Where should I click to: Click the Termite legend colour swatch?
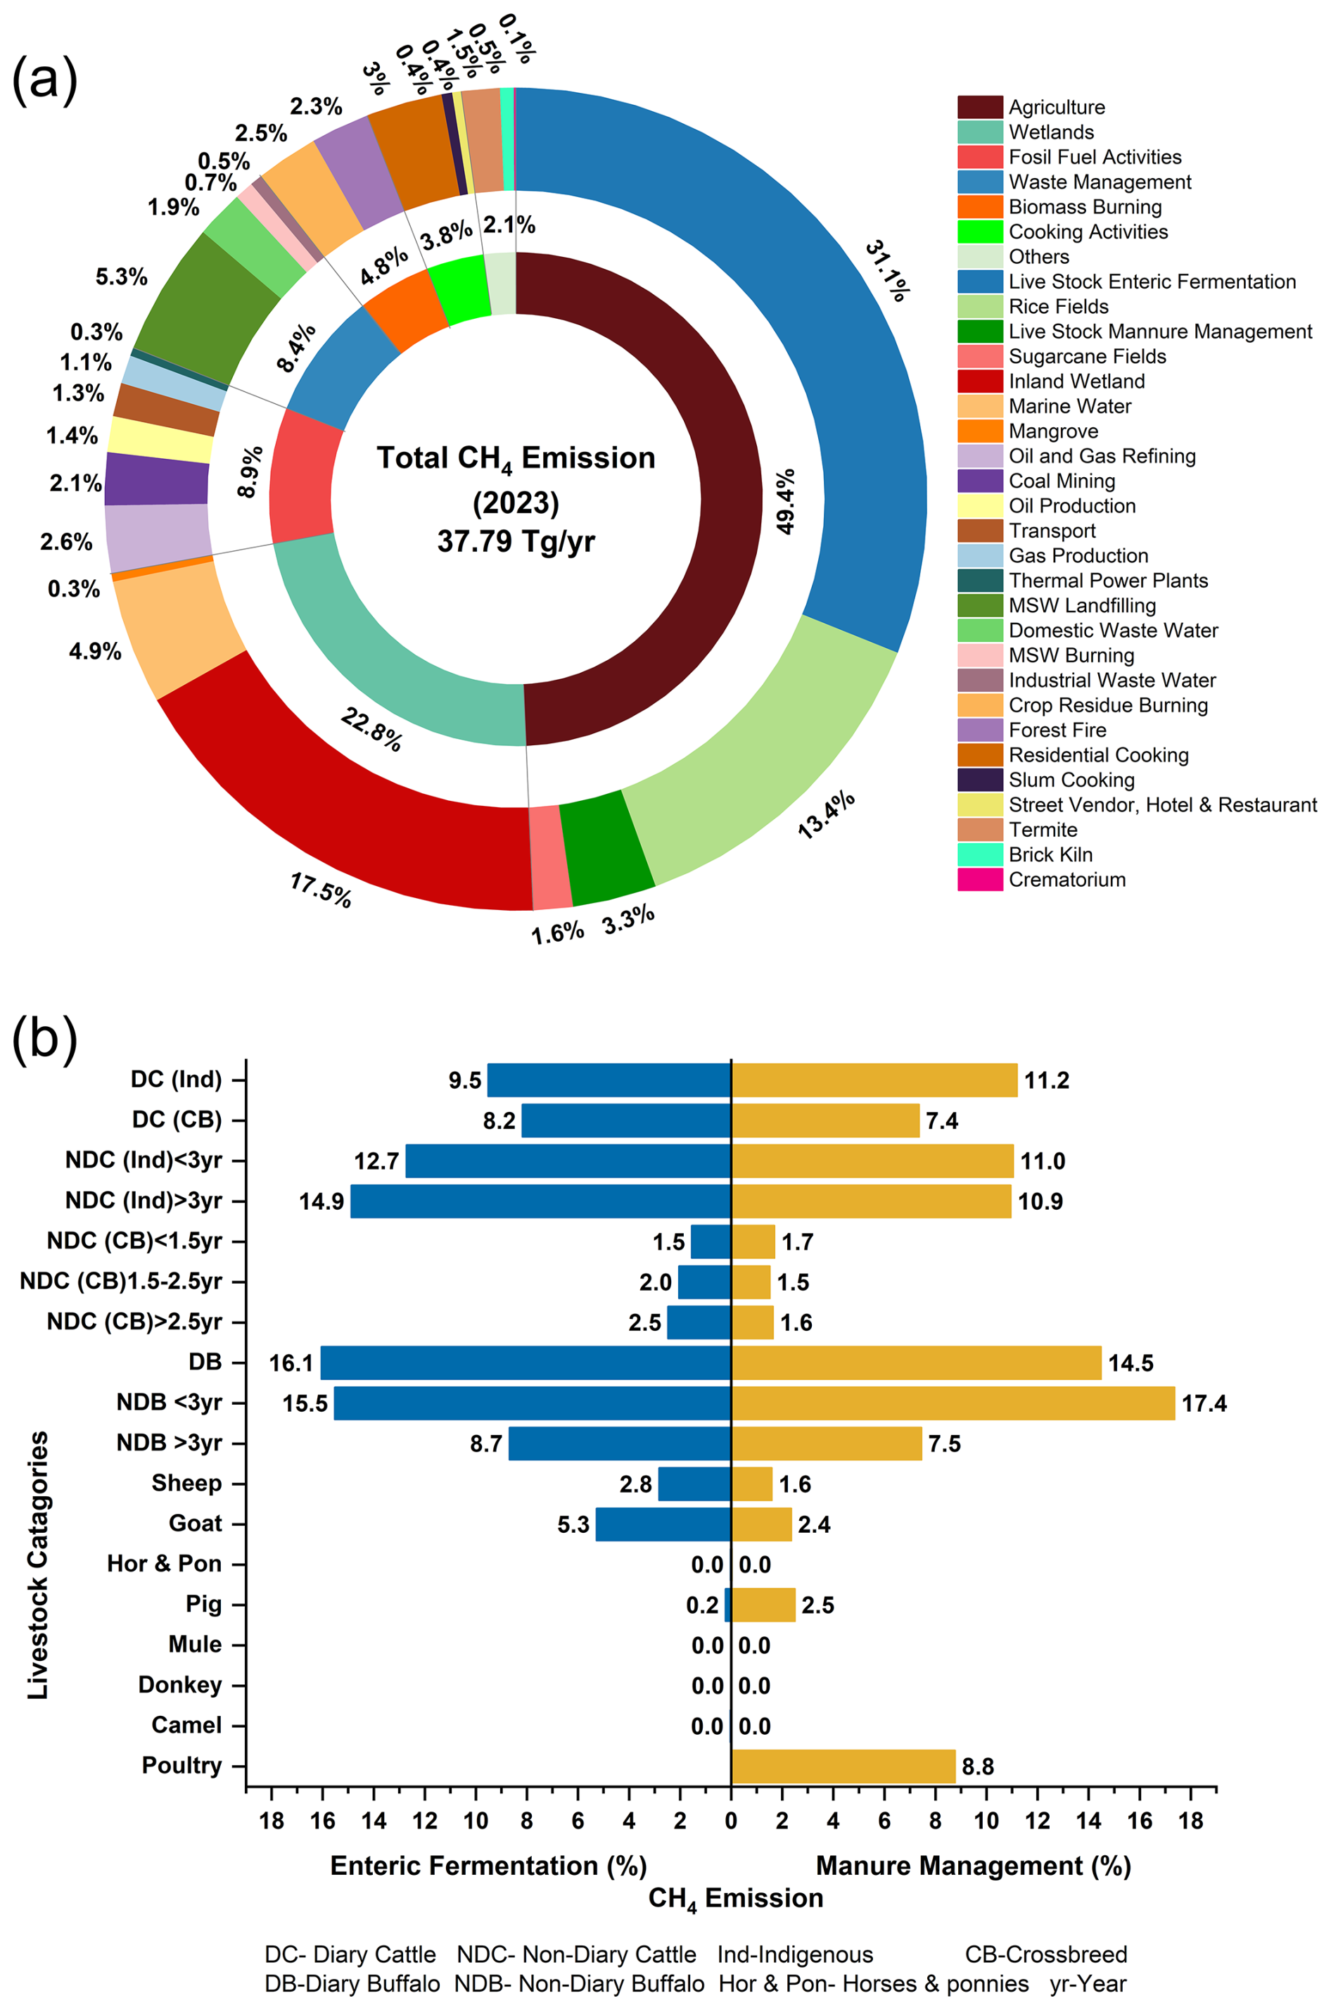pos(979,830)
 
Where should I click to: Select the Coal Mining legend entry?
pos(1061,481)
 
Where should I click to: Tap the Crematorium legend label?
pos(1067,880)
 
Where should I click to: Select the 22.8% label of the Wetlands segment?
pos(371,729)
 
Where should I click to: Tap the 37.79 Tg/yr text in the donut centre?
pos(516,541)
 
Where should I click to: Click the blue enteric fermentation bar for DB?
pos(526,1363)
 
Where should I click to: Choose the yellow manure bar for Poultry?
pos(843,1766)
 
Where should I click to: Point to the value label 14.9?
pos(321,1201)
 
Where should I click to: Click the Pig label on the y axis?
pos(204,1604)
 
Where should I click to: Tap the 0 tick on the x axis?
pos(731,1821)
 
